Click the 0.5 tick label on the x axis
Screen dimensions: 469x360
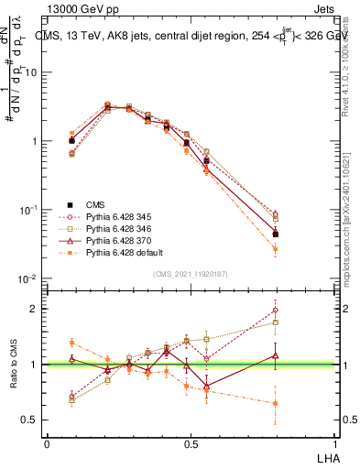(x=190, y=442)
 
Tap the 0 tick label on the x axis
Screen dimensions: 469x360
(x=47, y=442)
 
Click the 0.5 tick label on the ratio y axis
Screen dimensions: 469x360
(x=30, y=420)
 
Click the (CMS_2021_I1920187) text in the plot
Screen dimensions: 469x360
(x=190, y=273)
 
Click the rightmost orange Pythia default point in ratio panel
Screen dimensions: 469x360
(x=276, y=403)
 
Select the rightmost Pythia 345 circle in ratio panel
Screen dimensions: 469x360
(x=276, y=310)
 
